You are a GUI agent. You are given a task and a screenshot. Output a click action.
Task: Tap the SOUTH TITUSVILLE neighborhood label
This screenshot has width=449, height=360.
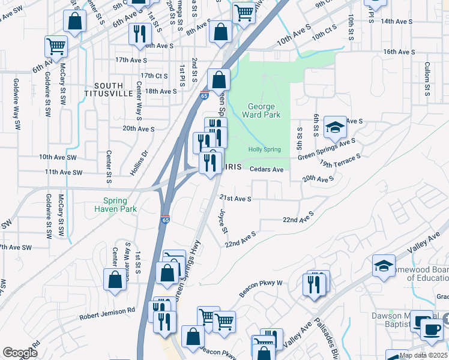click(108, 89)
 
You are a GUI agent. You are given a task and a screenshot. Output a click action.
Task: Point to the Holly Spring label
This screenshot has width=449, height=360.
click(265, 149)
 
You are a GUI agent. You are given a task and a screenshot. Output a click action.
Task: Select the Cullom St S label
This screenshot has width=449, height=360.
click(427, 78)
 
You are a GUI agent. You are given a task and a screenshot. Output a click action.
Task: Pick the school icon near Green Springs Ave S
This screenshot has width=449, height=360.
click(335, 127)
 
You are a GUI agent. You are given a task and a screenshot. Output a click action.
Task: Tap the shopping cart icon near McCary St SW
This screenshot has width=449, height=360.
click(56, 45)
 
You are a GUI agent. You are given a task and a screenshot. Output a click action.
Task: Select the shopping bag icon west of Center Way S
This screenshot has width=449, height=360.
click(115, 279)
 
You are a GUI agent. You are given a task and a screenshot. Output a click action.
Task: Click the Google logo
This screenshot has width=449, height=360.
click(20, 353)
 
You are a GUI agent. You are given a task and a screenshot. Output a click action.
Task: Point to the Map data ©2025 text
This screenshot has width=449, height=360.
click(423, 355)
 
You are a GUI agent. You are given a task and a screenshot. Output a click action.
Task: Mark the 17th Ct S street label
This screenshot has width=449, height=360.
click(153, 76)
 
